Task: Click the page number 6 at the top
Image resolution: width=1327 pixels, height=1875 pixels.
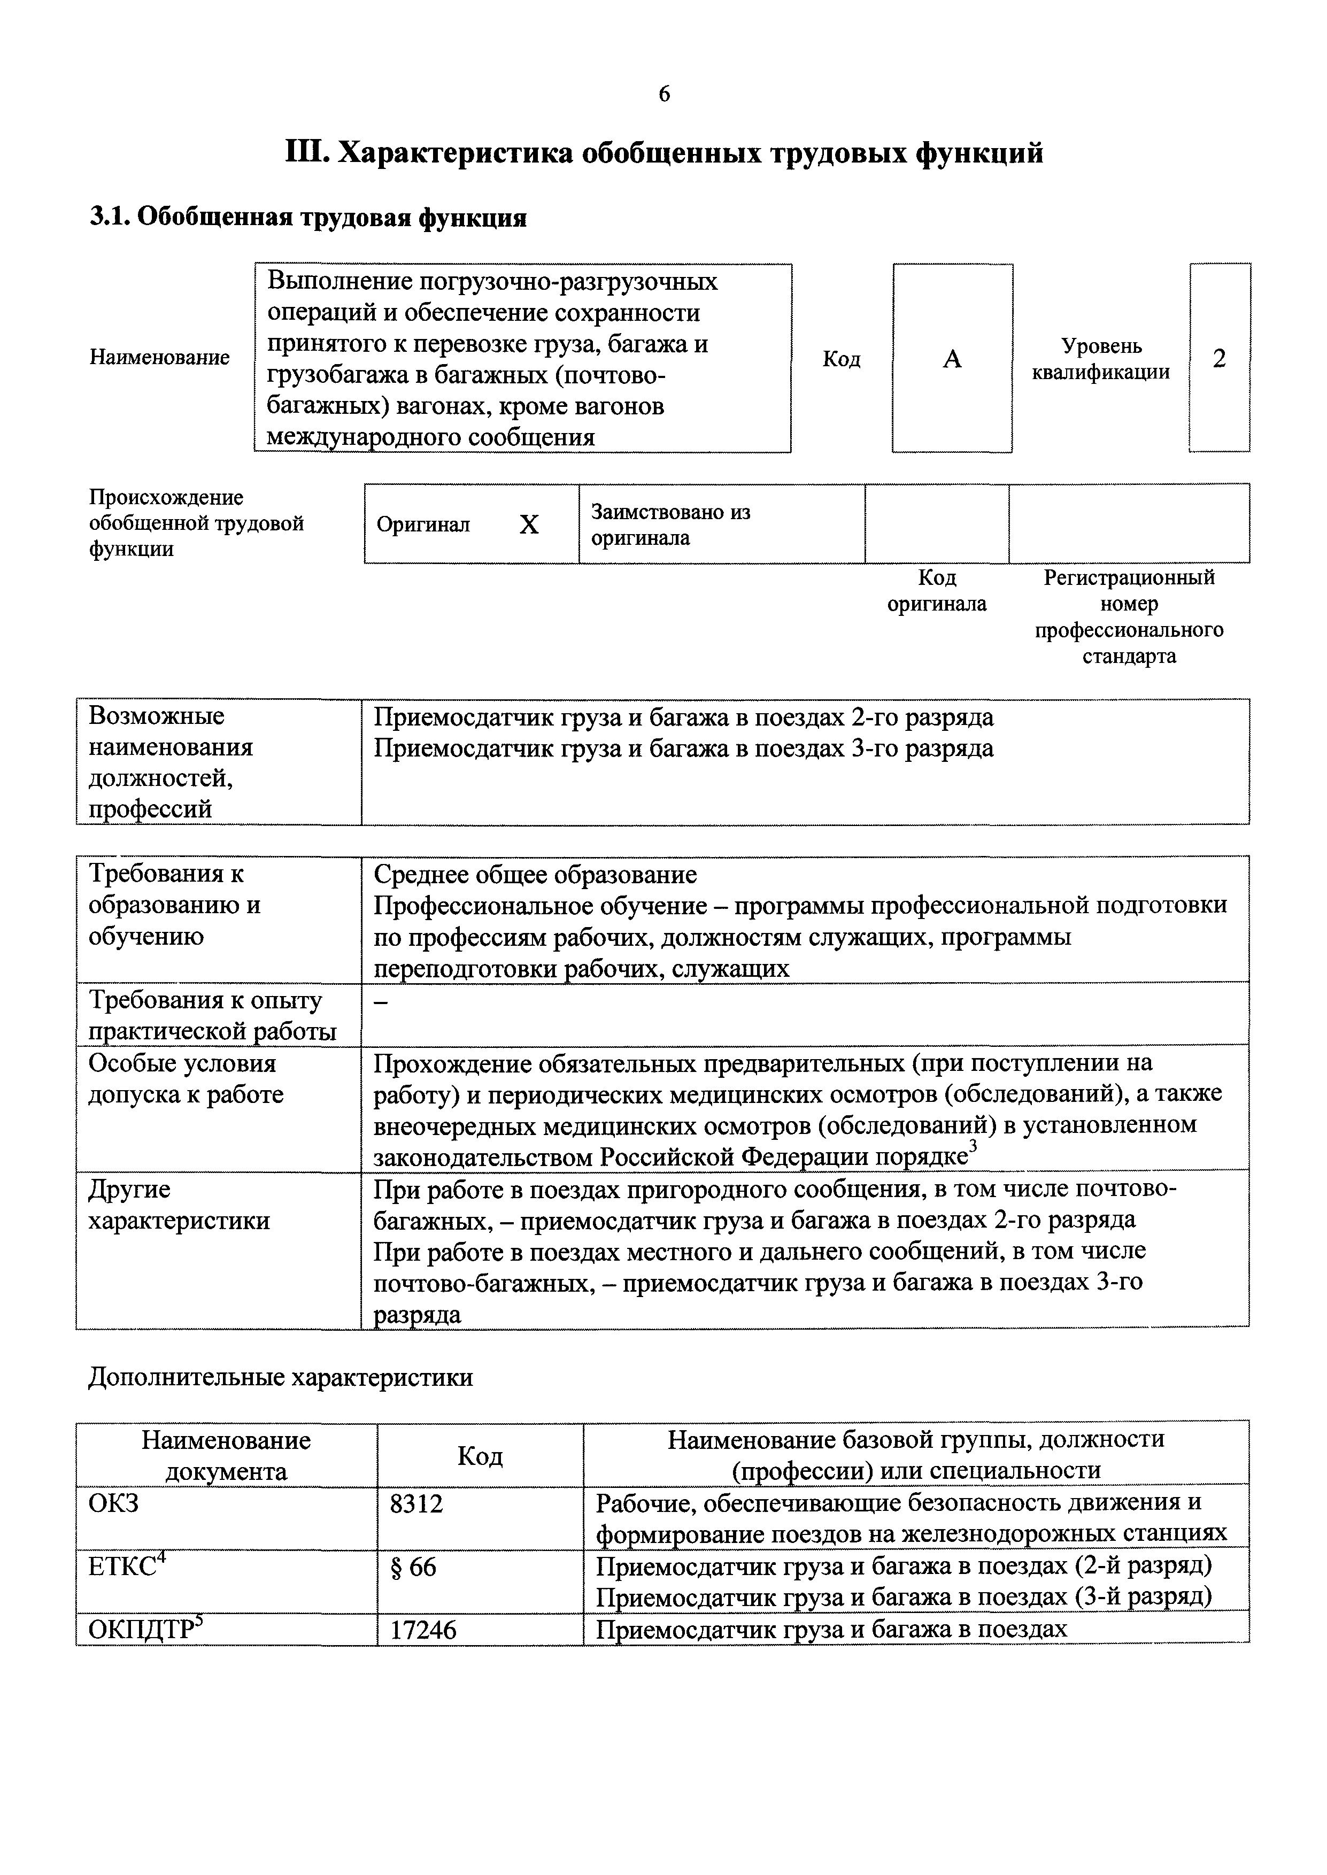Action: point(663,95)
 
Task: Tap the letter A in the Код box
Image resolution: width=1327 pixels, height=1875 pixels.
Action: point(952,359)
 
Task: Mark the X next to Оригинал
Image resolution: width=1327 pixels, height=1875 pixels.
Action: point(529,524)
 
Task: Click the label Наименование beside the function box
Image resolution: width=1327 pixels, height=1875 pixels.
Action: point(159,358)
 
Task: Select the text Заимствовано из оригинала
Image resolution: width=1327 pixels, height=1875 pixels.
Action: point(670,524)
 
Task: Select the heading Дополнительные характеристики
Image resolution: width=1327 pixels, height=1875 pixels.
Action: point(280,1377)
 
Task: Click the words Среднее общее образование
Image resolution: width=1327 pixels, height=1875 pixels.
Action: point(535,875)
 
